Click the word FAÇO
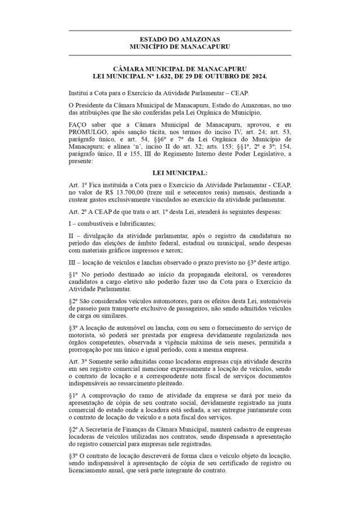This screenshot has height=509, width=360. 77,124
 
